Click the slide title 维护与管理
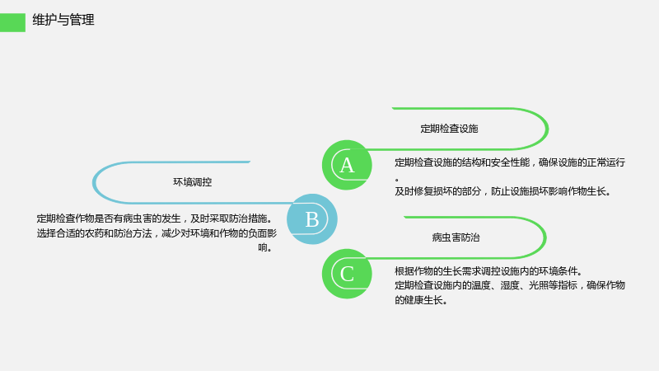[63, 20]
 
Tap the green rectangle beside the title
[12, 22]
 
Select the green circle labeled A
[347, 165]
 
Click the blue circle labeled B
[312, 219]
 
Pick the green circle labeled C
[347, 274]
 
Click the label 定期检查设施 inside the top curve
[449, 129]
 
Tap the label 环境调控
[193, 182]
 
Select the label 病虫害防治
[456, 237]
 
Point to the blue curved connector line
[93, 182]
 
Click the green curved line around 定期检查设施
[548, 129]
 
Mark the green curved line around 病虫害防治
[545, 237]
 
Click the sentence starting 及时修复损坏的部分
[502, 191]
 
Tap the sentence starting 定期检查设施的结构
[510, 162]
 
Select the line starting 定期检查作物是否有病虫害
[155, 218]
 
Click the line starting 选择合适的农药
[157, 233]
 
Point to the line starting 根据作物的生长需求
[488, 271]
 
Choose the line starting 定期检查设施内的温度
[510, 285]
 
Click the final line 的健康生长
[421, 300]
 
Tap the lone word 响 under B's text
[263, 248]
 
